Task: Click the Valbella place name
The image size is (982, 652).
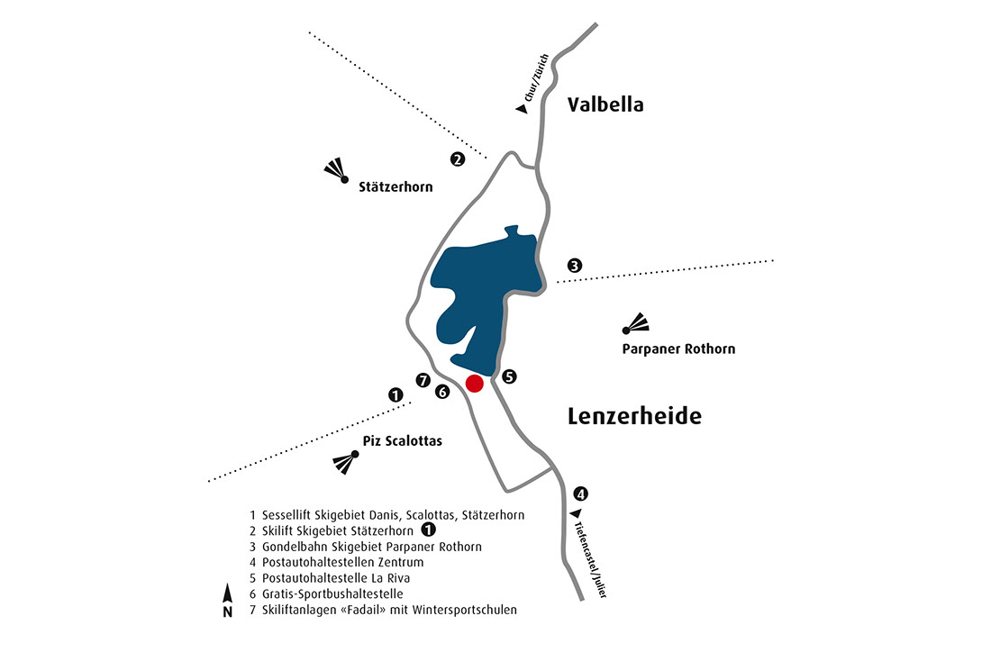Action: (605, 104)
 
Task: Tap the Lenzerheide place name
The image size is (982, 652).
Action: (634, 416)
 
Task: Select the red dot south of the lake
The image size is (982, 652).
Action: (474, 385)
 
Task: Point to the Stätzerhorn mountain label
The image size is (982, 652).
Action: (396, 188)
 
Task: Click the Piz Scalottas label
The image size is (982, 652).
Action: (402, 441)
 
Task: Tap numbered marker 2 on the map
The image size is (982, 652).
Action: (458, 159)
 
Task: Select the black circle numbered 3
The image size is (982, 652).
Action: (575, 266)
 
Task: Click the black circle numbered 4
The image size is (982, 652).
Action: (581, 494)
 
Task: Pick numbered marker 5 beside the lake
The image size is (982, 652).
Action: (509, 376)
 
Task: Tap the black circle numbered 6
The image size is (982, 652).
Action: (441, 392)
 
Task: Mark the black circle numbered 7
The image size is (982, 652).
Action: (423, 380)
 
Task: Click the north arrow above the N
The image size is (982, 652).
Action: (228, 593)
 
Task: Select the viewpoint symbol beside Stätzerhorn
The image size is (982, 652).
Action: (336, 171)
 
